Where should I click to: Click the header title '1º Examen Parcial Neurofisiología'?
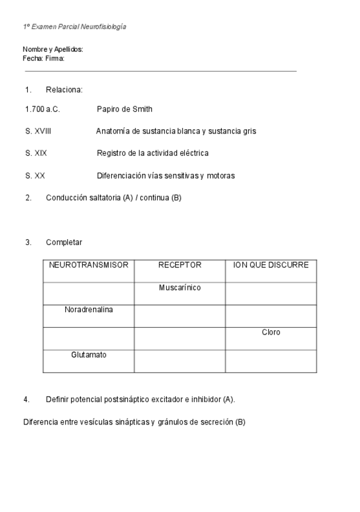point(74,27)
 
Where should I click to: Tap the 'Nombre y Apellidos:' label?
point(53,50)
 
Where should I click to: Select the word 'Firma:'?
point(55,59)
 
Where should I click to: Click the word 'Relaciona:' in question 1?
point(64,90)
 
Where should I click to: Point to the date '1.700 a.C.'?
point(42,109)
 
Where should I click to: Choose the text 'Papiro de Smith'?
point(124,109)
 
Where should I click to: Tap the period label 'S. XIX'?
point(36,153)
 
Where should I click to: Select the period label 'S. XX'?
point(35,176)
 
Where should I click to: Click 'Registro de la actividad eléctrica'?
point(152,153)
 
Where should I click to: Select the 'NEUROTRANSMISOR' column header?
point(89,265)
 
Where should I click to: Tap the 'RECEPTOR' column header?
point(179,265)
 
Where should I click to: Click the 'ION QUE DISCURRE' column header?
point(271,265)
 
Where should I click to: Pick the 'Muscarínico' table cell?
point(179,287)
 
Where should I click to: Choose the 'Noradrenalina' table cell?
point(89,310)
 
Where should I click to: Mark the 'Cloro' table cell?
point(271,332)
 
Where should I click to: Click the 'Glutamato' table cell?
point(89,354)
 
